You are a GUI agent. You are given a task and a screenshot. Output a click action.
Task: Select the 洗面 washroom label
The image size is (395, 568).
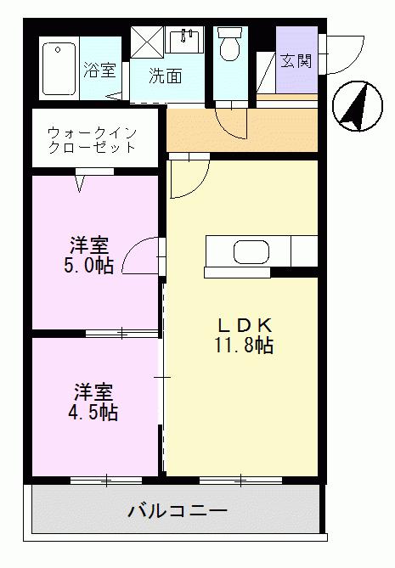[x=166, y=76]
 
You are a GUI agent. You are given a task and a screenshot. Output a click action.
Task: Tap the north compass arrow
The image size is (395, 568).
[x=353, y=108]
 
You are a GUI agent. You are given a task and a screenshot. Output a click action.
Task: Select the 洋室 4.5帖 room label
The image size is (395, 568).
[x=93, y=402]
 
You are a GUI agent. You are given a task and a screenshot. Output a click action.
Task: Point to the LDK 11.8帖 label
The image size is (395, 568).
[x=244, y=336]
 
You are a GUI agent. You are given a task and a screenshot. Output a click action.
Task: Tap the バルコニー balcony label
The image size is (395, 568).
[x=178, y=511]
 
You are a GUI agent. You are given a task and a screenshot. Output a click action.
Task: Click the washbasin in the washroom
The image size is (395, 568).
[x=184, y=39]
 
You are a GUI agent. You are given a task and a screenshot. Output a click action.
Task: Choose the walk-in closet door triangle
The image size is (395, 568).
[x=82, y=180]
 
